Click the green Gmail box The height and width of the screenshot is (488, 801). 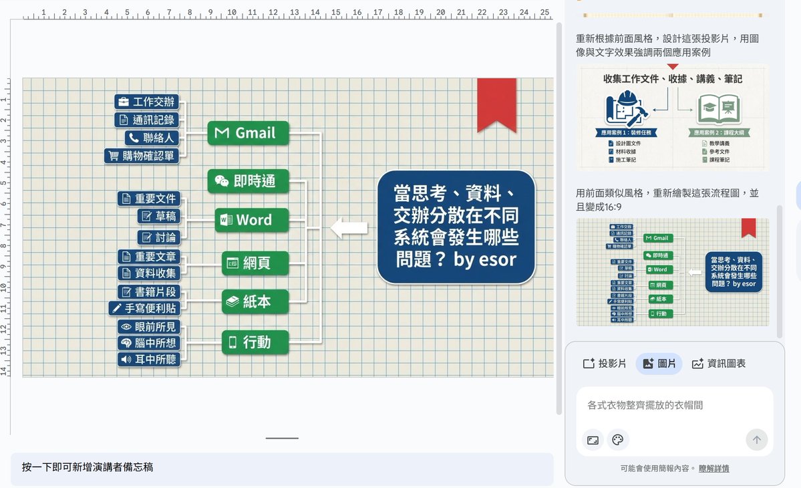(248, 133)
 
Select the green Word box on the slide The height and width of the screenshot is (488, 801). (251, 220)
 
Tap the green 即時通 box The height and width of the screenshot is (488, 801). (248, 181)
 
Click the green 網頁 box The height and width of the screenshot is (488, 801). (255, 263)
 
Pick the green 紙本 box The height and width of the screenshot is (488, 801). (255, 301)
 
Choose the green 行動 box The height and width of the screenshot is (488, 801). (255, 342)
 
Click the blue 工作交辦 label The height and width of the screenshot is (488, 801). (147, 102)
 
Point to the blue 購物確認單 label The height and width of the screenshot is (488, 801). (142, 156)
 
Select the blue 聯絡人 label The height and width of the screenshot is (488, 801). (152, 138)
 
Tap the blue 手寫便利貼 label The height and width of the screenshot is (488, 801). (144, 308)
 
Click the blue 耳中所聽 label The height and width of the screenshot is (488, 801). (149, 360)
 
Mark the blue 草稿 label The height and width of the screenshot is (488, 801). (159, 216)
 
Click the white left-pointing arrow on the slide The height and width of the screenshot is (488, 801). (349, 227)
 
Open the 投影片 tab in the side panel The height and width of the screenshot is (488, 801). (605, 364)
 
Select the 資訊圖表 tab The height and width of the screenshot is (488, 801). (719, 364)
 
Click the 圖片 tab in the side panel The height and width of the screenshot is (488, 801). (659, 364)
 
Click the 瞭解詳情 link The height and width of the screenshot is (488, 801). (713, 469)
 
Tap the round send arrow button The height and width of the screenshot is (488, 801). (756, 440)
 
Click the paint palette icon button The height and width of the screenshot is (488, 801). (617, 440)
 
